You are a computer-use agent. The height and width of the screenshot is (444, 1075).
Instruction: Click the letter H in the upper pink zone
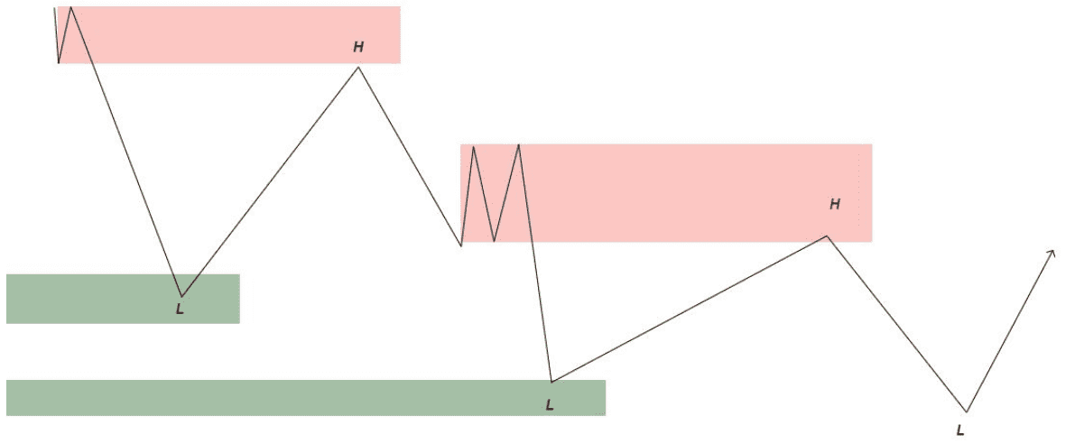[x=358, y=47]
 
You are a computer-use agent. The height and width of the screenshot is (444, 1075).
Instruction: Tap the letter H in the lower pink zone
[x=834, y=204]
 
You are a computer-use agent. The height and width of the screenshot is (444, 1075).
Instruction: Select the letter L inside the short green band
[x=181, y=309]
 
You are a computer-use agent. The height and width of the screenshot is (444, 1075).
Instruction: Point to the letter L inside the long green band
[x=549, y=404]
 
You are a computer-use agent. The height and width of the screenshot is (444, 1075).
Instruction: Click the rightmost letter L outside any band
[x=959, y=430]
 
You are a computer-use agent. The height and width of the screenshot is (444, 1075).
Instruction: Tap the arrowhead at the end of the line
[x=1051, y=254]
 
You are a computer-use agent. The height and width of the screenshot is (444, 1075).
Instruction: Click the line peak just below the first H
[x=357, y=67]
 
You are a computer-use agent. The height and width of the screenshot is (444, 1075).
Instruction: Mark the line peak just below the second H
[x=828, y=236]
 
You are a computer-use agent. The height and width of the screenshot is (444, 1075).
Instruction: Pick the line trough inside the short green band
[x=181, y=296]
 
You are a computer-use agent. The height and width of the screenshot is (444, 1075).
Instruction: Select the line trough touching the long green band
[x=551, y=381]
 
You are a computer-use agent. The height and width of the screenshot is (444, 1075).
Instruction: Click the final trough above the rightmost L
[x=966, y=412]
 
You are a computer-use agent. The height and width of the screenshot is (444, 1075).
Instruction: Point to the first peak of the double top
[x=473, y=145]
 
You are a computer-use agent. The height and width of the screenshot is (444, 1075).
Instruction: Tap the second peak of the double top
[x=519, y=144]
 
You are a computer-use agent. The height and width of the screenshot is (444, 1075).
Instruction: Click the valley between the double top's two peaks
[x=495, y=241]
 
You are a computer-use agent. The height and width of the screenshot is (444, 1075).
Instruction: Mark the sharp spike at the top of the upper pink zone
[x=70, y=7]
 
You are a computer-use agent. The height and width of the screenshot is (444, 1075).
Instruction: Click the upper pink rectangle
[x=229, y=35]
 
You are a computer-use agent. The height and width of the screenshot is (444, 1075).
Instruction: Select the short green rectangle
[x=123, y=299]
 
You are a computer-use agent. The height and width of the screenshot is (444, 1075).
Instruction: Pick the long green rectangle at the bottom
[x=306, y=397]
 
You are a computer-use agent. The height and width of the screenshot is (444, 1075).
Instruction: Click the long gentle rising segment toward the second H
[x=689, y=309]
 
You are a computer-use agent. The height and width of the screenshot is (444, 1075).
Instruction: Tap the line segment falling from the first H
[x=409, y=155]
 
